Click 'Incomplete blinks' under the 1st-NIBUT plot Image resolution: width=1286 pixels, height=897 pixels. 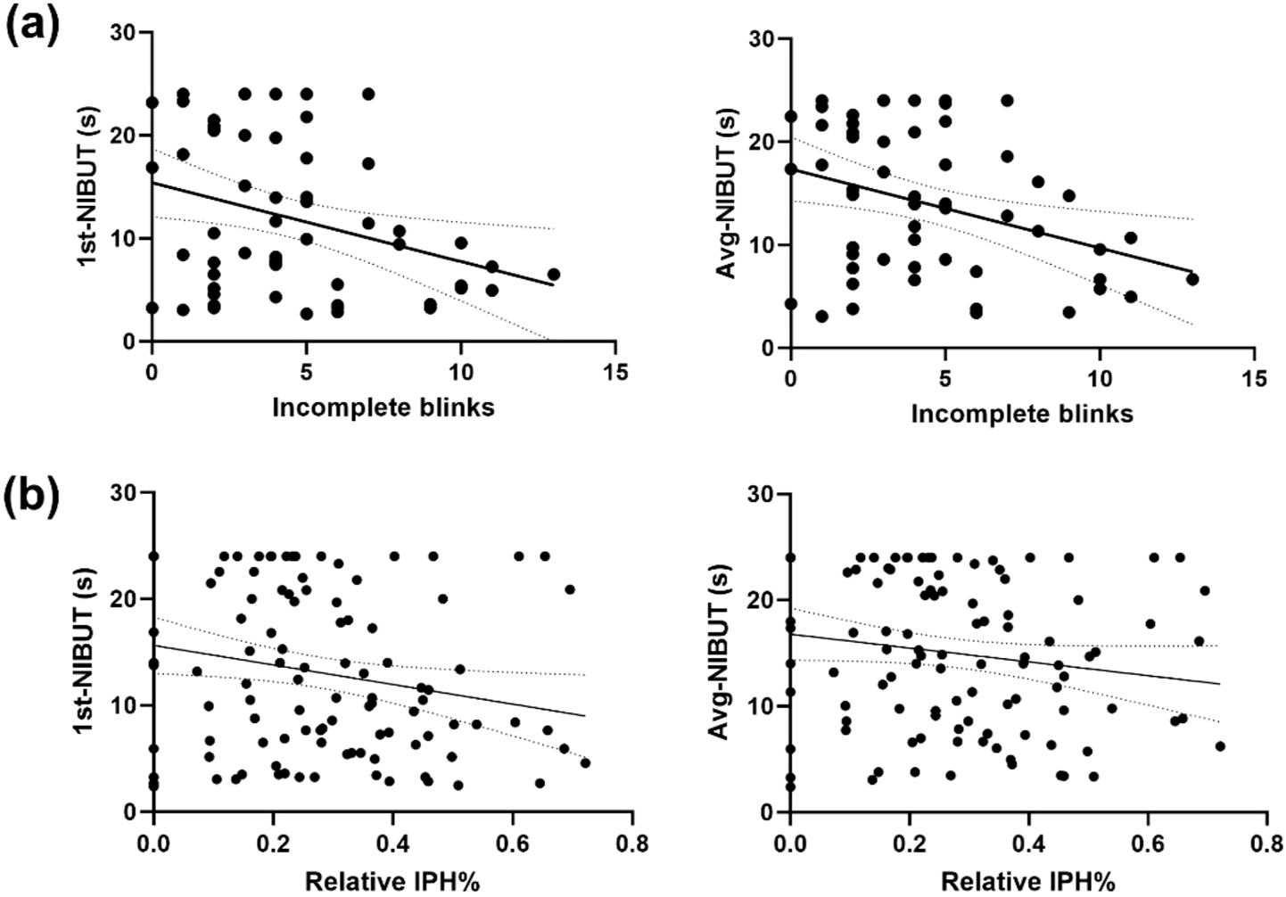tap(383, 407)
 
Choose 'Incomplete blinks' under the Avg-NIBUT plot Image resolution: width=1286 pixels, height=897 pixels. tap(1022, 414)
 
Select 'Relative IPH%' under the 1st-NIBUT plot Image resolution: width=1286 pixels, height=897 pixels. tap(392, 882)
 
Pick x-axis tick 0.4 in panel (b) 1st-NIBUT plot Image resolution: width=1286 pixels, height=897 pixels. tap(392, 841)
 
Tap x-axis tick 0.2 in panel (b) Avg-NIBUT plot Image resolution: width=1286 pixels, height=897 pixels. tap(909, 841)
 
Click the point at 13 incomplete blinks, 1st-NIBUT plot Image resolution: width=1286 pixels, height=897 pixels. tap(553, 275)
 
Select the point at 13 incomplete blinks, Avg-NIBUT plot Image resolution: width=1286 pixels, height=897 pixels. tap(1191, 279)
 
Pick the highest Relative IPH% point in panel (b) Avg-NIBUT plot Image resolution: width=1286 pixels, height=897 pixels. tap(1220, 746)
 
